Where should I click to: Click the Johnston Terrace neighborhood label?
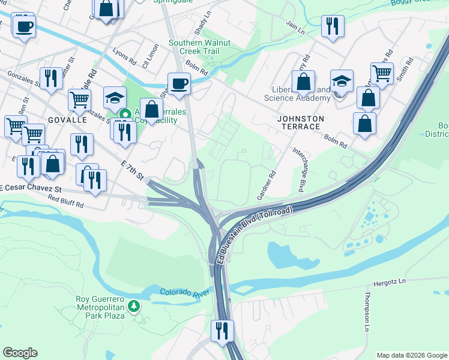(x=301, y=122)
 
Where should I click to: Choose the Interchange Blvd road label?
(x=298, y=170)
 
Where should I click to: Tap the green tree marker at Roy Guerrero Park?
(x=134, y=307)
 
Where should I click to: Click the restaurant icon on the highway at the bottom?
(x=222, y=331)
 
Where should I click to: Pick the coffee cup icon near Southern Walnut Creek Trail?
(x=179, y=83)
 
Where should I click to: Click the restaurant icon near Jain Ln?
(x=330, y=26)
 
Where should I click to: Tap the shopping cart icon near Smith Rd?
(x=381, y=73)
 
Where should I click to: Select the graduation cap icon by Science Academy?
(x=342, y=82)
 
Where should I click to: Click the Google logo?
(x=20, y=353)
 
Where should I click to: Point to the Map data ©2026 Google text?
(x=411, y=355)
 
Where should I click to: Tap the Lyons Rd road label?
(x=124, y=55)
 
